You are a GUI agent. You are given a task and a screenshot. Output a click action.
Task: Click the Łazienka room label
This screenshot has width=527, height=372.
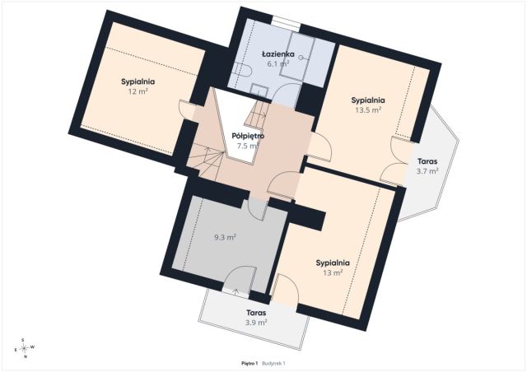[x=278, y=53]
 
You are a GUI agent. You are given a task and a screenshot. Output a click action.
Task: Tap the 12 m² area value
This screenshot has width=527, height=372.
[x=138, y=91]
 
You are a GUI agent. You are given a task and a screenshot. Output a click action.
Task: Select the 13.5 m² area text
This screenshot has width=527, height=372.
[x=368, y=110]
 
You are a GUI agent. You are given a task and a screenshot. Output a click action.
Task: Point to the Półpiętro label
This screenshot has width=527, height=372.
[x=248, y=136]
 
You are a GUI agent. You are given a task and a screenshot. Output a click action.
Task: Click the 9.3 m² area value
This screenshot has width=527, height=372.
[x=225, y=237]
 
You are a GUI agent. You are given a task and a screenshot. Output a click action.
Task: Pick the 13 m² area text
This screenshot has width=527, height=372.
[x=333, y=272]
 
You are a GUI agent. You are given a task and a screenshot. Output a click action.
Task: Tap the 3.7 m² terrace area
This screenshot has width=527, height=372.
[x=427, y=171]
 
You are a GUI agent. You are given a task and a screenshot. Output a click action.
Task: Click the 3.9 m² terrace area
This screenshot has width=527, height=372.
[x=256, y=323]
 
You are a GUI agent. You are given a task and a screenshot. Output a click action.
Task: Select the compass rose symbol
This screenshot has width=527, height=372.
[x=24, y=348]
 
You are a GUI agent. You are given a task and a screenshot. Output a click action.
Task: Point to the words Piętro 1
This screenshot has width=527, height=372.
[x=250, y=363]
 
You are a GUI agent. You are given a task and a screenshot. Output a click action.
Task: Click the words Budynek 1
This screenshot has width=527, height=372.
[x=273, y=363]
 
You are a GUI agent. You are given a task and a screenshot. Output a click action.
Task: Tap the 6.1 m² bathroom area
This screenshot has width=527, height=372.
[x=278, y=63]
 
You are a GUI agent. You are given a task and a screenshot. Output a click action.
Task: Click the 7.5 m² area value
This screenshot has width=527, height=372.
[x=248, y=146]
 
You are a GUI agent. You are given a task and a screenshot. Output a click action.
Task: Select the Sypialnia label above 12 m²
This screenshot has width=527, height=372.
[x=138, y=81]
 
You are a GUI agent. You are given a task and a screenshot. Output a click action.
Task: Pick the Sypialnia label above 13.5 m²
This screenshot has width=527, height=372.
[x=368, y=100]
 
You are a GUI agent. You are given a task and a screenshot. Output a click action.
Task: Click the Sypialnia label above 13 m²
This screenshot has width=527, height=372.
[x=333, y=263]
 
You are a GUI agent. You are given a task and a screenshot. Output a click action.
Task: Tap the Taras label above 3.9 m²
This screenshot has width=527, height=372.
[x=256, y=313]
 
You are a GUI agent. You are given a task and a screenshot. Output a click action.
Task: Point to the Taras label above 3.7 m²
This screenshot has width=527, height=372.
[x=427, y=161]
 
